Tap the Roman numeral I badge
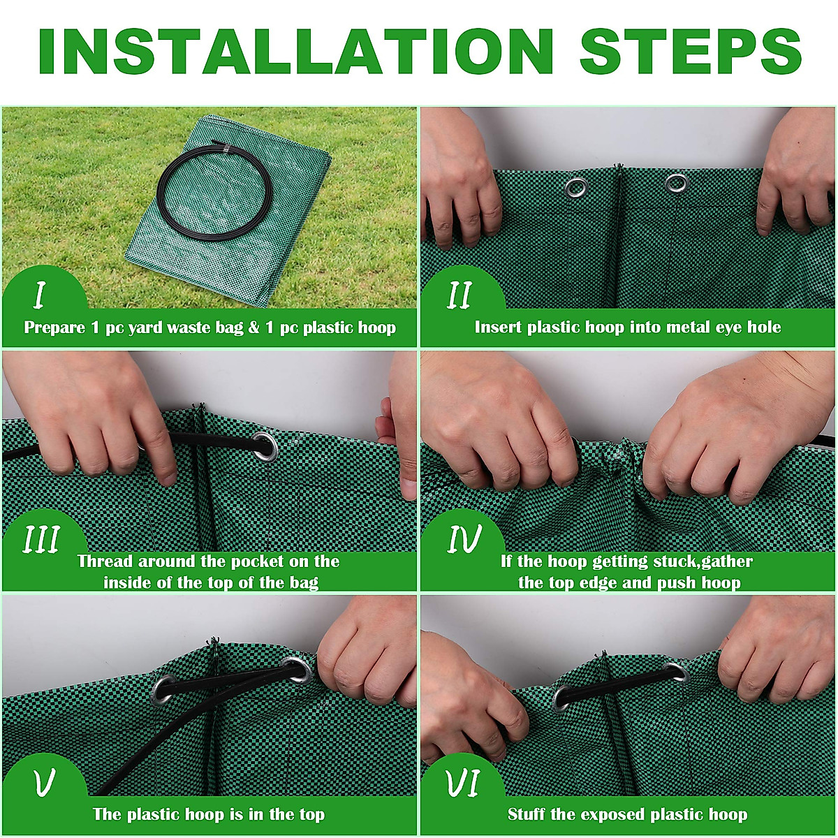39,295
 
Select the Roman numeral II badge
460,295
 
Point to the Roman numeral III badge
42,539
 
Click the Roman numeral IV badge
464,539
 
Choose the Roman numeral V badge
43,784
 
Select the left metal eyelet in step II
577,187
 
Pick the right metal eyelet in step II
676,184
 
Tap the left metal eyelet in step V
163,690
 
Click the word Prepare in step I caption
55,328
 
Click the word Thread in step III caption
105,561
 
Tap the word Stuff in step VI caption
527,814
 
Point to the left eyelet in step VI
561,697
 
